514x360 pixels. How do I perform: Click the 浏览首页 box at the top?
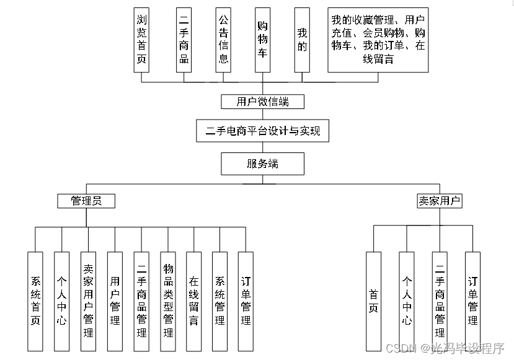(142, 40)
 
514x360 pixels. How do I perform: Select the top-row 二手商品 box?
(183, 40)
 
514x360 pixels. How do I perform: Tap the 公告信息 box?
(223, 40)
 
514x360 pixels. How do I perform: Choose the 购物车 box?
(263, 40)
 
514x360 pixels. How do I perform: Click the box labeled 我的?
(302, 40)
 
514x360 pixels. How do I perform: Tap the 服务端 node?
(262, 164)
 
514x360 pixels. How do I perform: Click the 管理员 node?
(86, 201)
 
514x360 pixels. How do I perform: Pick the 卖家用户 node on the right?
(440, 201)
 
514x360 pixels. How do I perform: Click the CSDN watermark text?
(401, 348)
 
